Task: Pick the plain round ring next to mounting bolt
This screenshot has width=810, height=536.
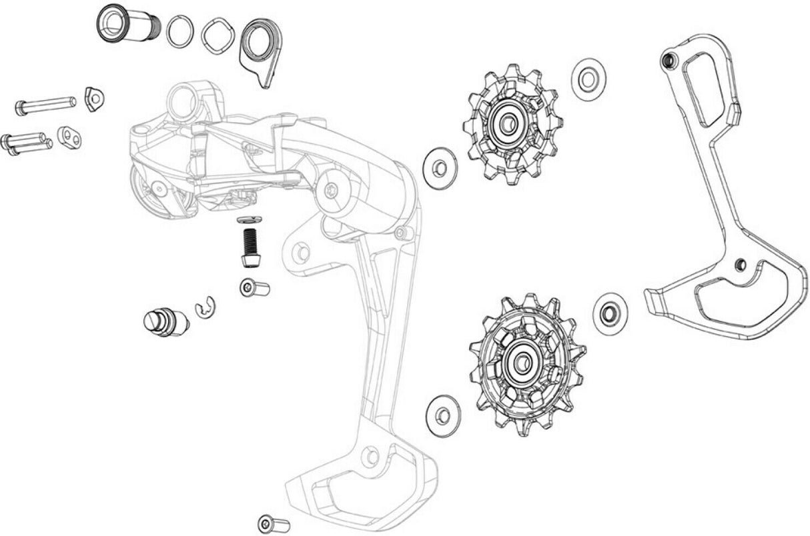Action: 180,31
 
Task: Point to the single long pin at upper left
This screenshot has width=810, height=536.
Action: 45,105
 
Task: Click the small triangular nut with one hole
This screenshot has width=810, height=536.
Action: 95,99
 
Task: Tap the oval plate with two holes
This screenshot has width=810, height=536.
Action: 69,137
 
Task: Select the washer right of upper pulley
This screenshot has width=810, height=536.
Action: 588,80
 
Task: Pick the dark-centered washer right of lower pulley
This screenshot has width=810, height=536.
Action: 609,313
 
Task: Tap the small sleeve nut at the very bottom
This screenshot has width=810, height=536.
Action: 272,523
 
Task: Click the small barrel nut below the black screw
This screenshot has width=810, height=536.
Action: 254,289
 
